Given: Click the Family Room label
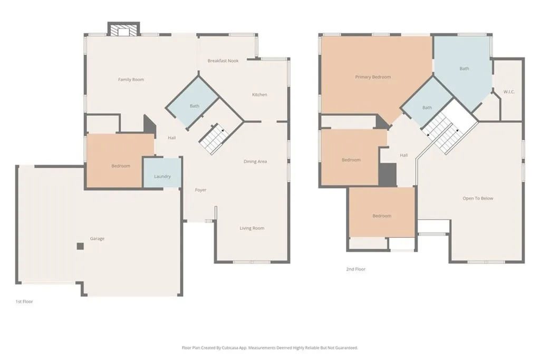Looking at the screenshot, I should click(131, 80).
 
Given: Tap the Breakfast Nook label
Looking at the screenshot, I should click(223, 61).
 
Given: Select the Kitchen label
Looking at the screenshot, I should click(259, 95).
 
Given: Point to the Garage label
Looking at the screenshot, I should click(97, 239).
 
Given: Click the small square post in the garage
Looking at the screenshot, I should click(80, 246).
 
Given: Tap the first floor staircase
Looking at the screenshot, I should click(213, 139).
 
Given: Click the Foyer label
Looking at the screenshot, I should click(201, 190).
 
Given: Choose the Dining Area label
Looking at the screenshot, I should click(255, 161).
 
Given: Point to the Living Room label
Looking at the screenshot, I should click(252, 228).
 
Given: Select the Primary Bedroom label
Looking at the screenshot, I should click(373, 77).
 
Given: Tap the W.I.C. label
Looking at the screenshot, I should click(509, 92).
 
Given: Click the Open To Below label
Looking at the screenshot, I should click(478, 198).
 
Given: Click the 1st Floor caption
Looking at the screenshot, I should click(24, 301).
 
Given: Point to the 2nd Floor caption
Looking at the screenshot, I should click(355, 269).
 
